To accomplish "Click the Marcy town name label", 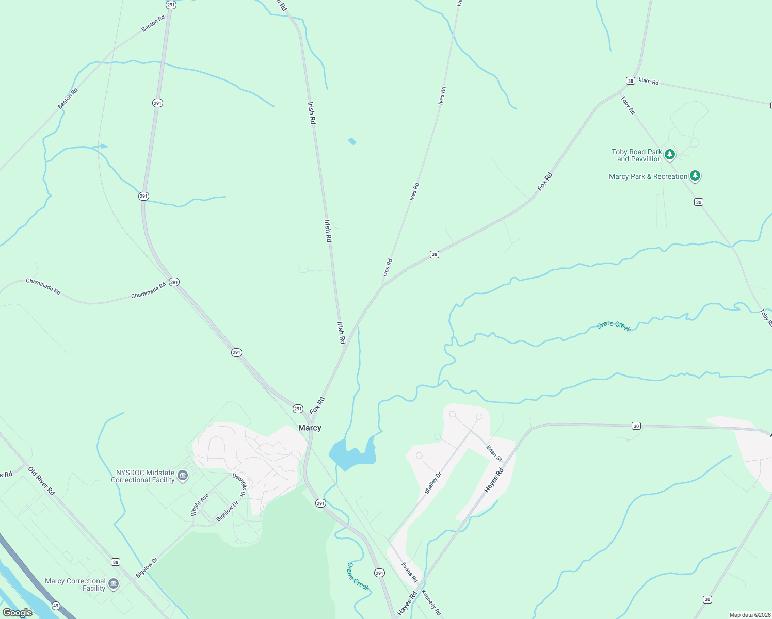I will coord(310,428).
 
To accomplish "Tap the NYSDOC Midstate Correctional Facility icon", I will coord(183,476).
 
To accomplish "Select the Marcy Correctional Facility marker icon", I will coord(114,584).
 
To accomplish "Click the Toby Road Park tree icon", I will coord(670,154).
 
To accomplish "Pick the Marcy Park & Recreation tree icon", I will coord(695,176).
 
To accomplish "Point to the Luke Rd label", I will coord(649,81).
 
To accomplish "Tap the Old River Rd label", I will coord(41,481).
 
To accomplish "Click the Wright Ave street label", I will coord(200,504).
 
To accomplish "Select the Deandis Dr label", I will coord(239,485).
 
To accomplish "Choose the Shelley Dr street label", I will coord(433,483).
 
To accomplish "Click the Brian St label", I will coord(494,453).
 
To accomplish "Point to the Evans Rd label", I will coord(410,572).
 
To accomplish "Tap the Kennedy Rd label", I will coord(431,602).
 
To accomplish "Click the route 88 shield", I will coord(115,562).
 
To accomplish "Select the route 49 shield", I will coord(56,606).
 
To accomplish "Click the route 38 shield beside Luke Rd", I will coord(630,80).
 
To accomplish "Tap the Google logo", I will coord(18,612).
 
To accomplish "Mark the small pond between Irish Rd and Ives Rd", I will coord(352,141).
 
